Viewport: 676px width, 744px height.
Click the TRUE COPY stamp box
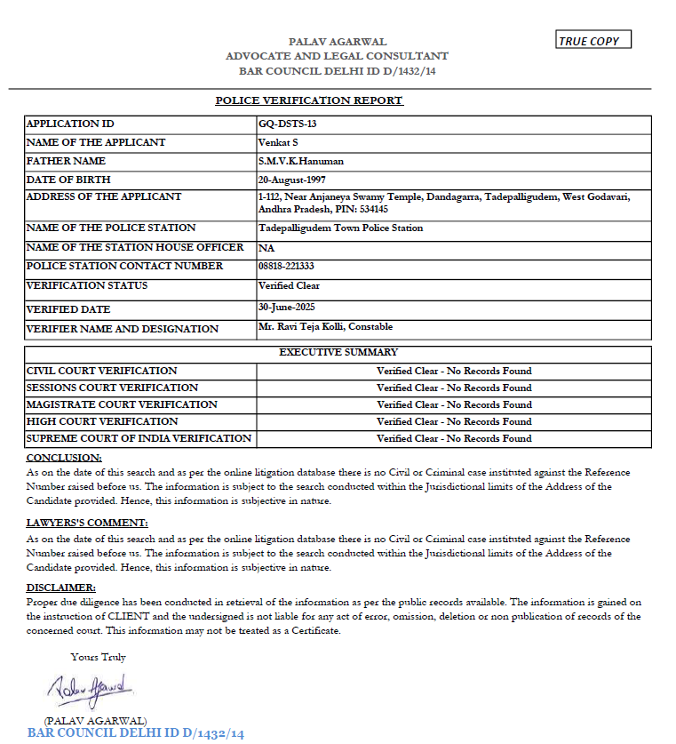593,41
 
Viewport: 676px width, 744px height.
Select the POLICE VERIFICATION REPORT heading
309,100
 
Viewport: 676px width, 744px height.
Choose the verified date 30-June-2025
287,306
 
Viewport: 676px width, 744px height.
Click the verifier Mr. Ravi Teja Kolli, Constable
325,326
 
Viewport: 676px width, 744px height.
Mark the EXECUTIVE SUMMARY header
338,353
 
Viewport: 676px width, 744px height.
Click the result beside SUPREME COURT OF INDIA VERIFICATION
454,438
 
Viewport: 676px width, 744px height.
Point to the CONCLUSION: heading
63,457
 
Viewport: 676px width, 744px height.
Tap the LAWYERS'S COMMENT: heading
87,523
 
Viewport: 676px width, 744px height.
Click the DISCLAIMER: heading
61,588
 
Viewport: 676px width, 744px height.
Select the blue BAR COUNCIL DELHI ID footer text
136,733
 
